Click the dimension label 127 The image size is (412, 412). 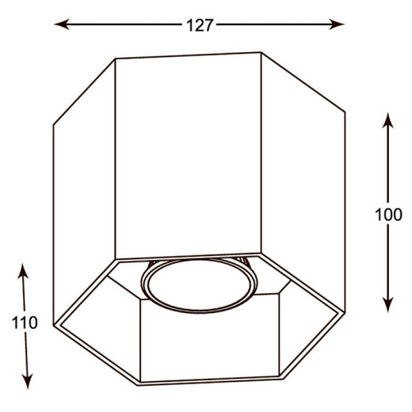coord(200,25)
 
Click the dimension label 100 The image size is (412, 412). coord(388,214)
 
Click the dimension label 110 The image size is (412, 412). coord(25,322)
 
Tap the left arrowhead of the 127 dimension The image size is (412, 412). coord(62,25)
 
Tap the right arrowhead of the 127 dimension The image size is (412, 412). coord(337,25)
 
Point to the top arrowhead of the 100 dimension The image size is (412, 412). coord(387,120)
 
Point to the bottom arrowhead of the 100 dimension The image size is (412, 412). coord(387,305)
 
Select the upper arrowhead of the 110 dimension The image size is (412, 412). coord(23,271)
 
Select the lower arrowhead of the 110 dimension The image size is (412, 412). coord(28,381)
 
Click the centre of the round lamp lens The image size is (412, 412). coord(199,286)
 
